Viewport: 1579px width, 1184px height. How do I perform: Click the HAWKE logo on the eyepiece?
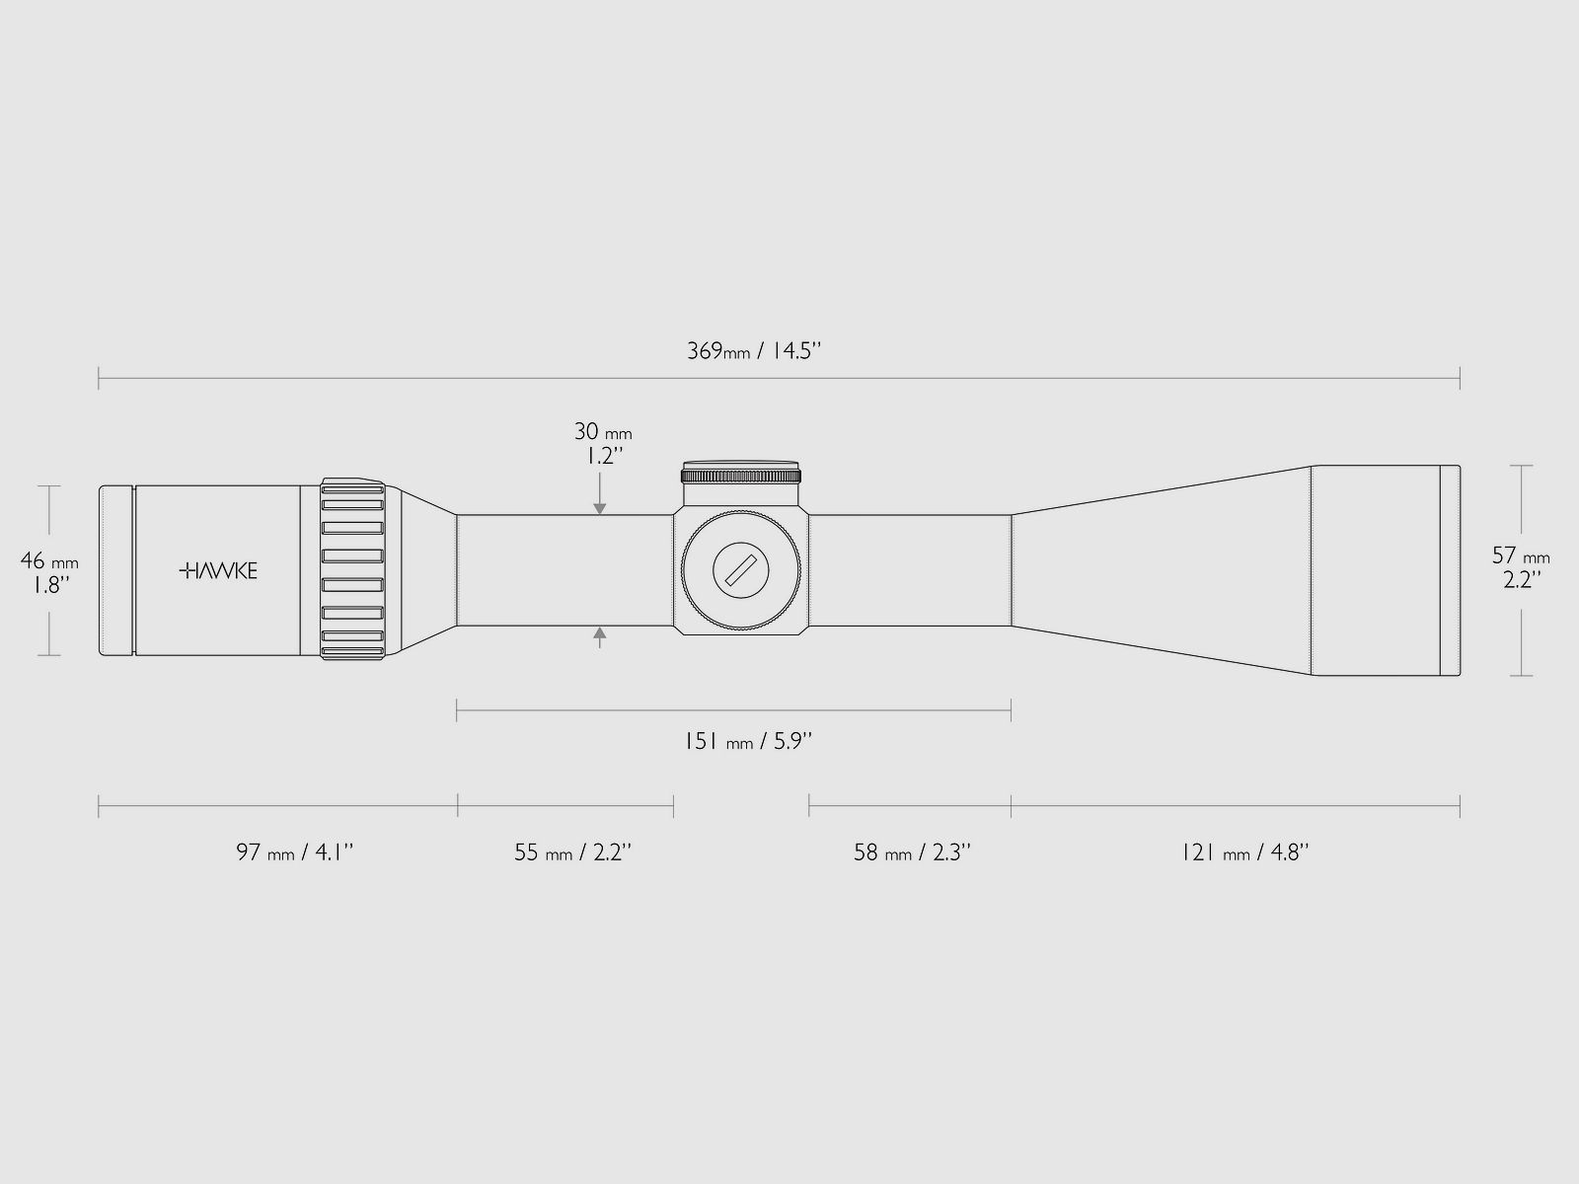coord(218,570)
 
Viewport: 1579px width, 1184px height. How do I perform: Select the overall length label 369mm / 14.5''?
coord(754,351)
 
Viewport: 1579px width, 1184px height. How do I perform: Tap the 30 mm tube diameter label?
coord(603,432)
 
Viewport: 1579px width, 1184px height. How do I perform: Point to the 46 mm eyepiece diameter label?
coord(49,561)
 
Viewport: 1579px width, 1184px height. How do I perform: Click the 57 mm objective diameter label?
coord(1520,556)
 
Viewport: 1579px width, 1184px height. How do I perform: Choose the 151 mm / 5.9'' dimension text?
coord(747,741)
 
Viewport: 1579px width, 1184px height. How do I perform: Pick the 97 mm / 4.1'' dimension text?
coord(294,852)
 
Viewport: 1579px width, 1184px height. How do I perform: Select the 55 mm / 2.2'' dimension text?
coord(572,852)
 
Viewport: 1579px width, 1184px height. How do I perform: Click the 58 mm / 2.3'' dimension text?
coord(912,852)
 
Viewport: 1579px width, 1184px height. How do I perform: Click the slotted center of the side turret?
coord(741,571)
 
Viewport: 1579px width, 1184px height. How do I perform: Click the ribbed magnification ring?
coord(352,570)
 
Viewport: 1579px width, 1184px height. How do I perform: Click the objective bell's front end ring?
coord(1450,570)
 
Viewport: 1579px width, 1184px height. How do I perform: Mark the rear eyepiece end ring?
coord(116,570)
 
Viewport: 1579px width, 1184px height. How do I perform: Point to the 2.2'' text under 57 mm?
coord(1520,581)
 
